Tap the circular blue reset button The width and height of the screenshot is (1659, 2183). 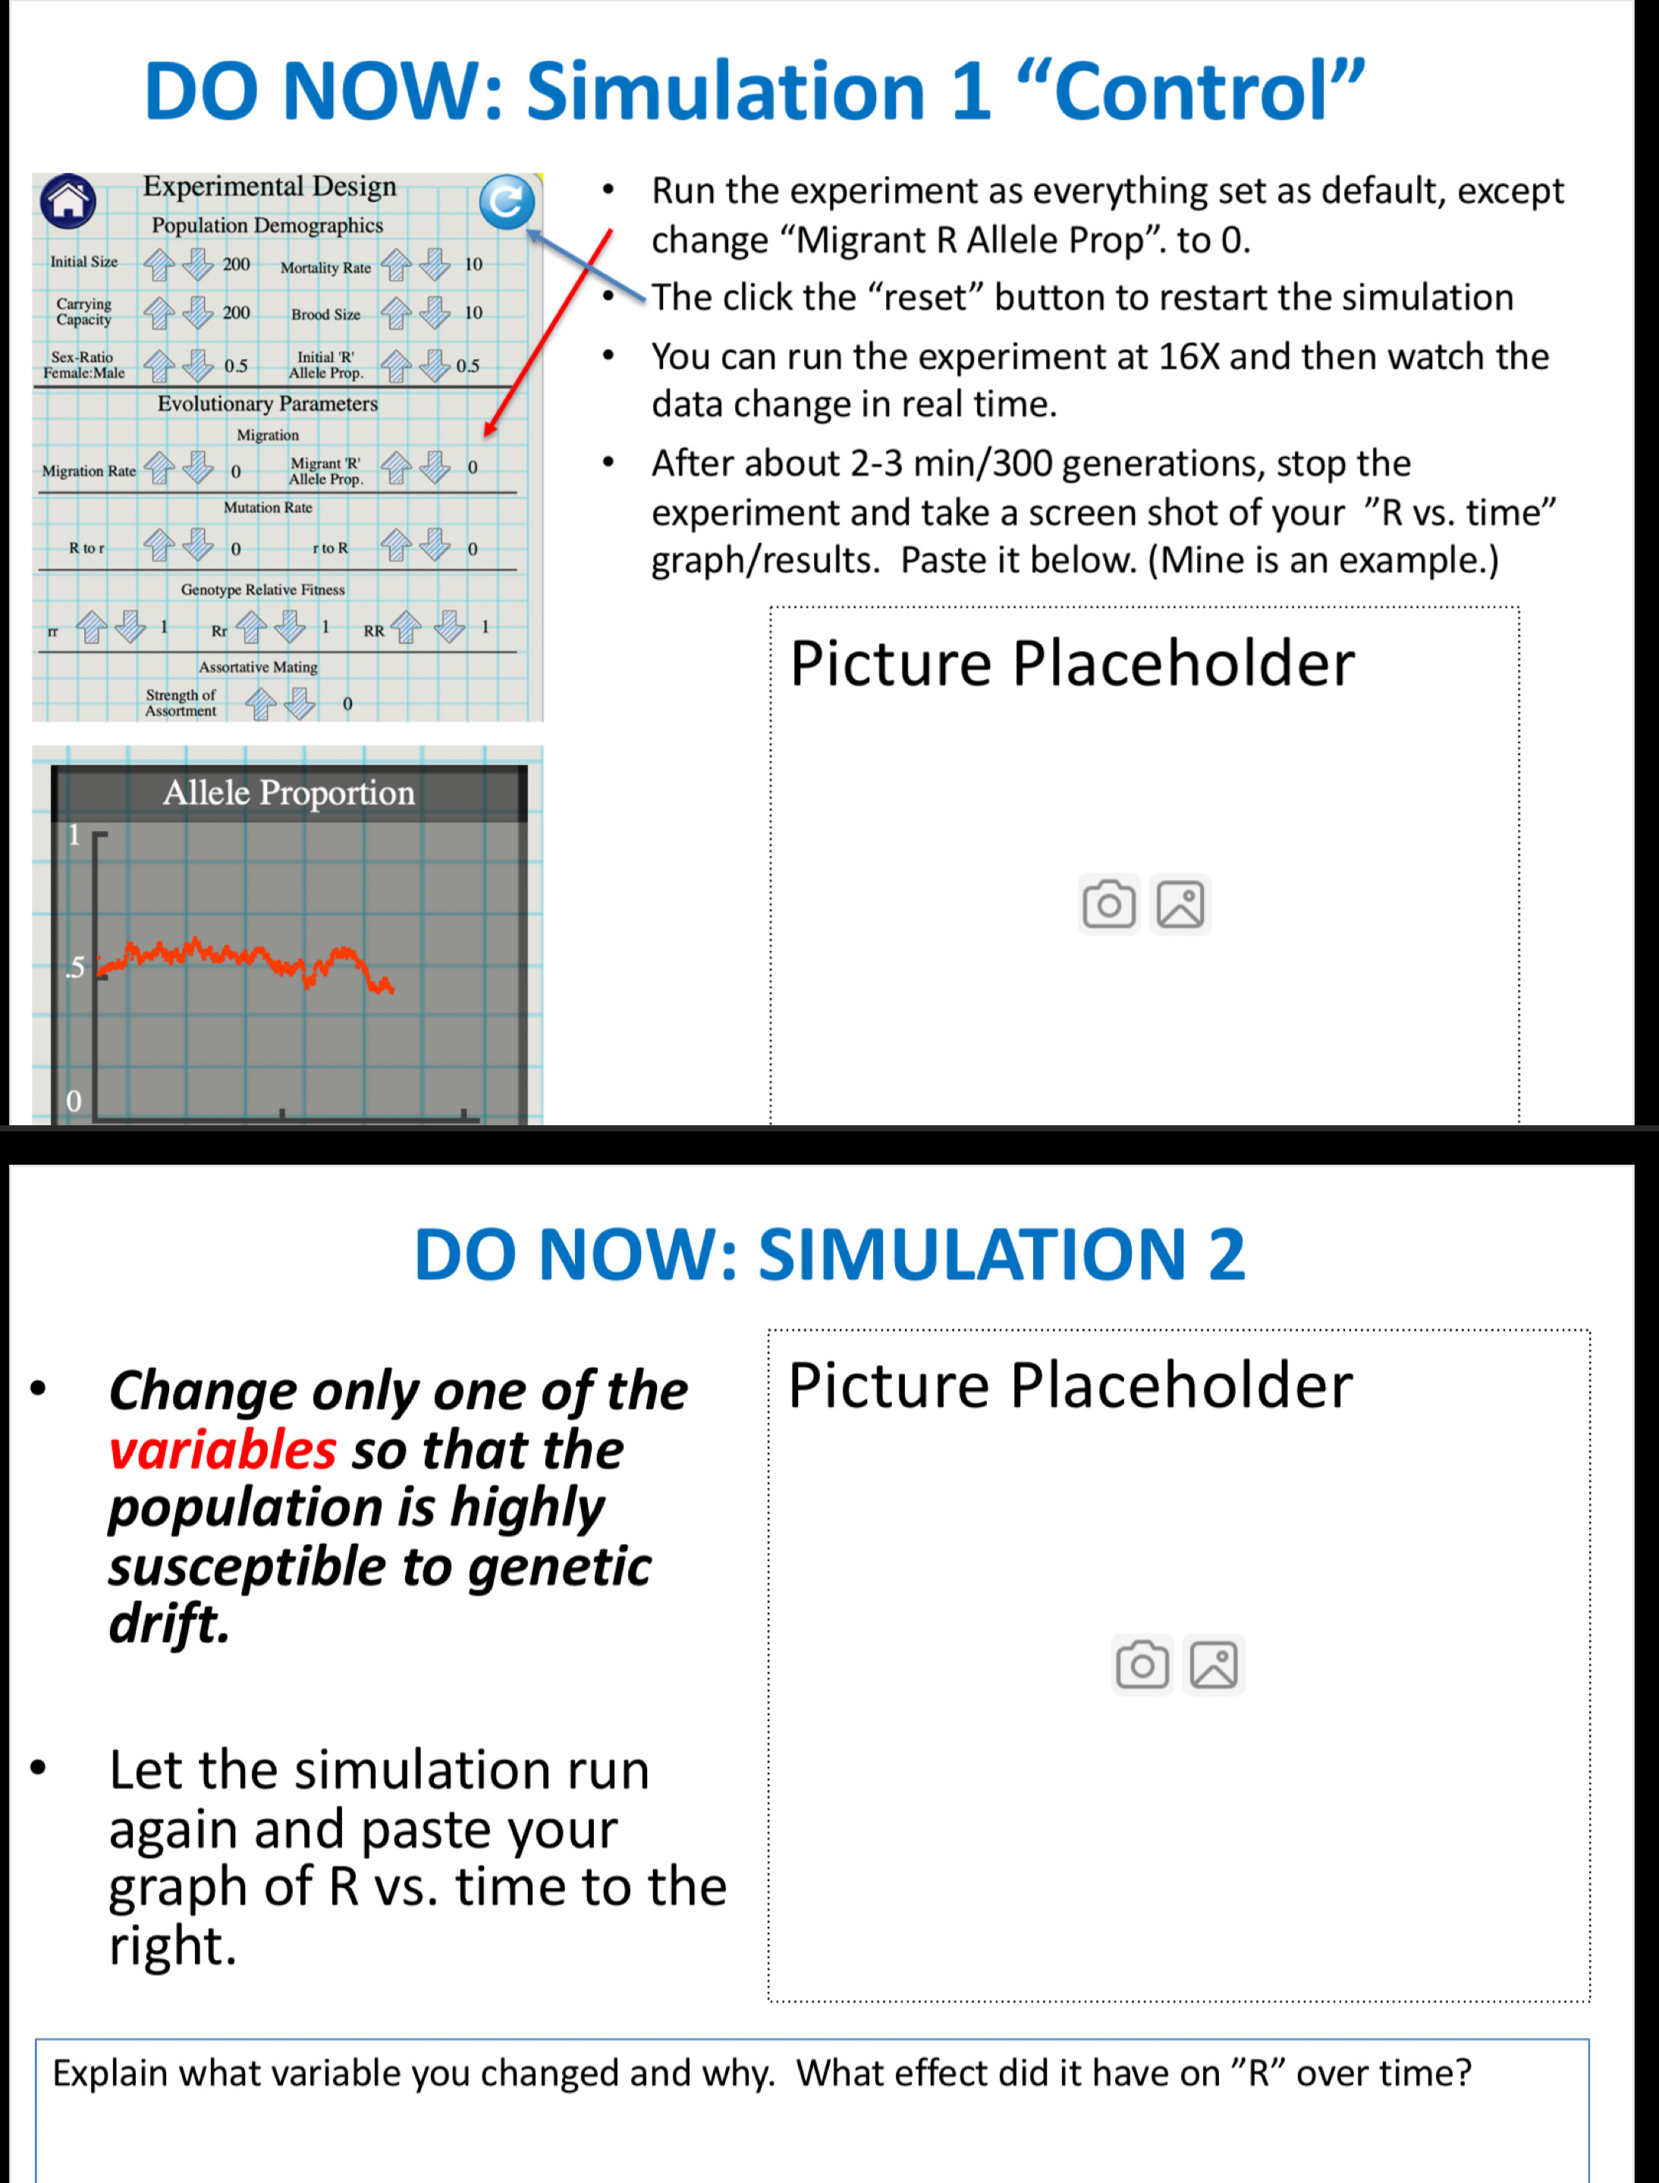[x=507, y=202]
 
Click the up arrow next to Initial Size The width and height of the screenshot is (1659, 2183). [x=159, y=264]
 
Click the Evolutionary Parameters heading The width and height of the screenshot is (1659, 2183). [x=268, y=403]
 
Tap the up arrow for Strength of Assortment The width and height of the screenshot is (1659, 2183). [x=261, y=704]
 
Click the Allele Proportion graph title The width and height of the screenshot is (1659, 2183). [x=288, y=792]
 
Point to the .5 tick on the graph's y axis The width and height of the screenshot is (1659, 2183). [x=75, y=968]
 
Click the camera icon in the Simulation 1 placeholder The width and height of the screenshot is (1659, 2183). [x=1108, y=904]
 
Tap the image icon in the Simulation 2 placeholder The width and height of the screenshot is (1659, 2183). [x=1213, y=1666]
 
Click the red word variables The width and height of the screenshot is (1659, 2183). [x=222, y=1450]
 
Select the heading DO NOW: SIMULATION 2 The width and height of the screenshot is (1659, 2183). [x=830, y=1254]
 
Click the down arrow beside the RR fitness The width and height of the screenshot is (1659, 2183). [x=449, y=626]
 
